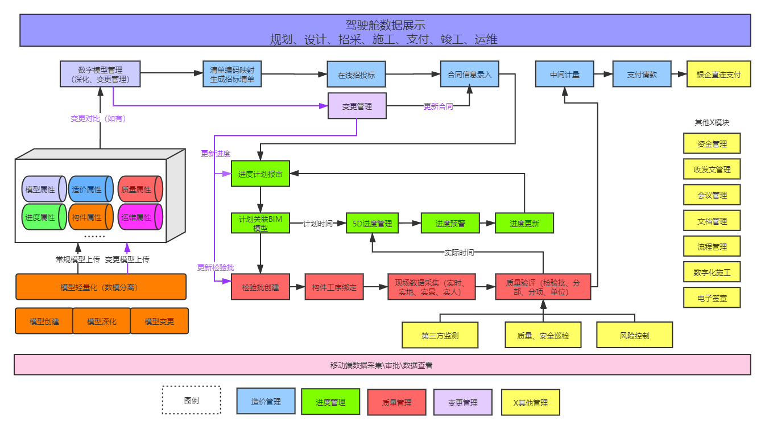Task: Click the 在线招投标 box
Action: pos(356,75)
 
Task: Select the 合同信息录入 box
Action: pos(469,74)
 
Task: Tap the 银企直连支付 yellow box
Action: pos(718,74)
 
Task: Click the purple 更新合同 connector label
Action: pos(438,106)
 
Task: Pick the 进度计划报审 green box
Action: pos(260,174)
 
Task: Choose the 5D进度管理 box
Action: pos(372,224)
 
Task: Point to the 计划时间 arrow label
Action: pos(317,224)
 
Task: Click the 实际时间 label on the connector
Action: pos(458,253)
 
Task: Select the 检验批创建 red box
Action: pos(260,287)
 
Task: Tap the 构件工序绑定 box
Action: pos(334,287)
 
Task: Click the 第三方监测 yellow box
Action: pos(440,336)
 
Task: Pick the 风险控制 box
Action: pos(635,336)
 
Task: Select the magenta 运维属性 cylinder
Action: pos(140,217)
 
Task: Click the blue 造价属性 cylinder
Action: pos(91,189)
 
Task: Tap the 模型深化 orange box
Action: pos(102,321)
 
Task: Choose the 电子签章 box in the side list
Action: pos(712,298)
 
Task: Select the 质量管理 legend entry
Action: pos(396,402)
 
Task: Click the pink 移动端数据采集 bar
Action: pos(382,365)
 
